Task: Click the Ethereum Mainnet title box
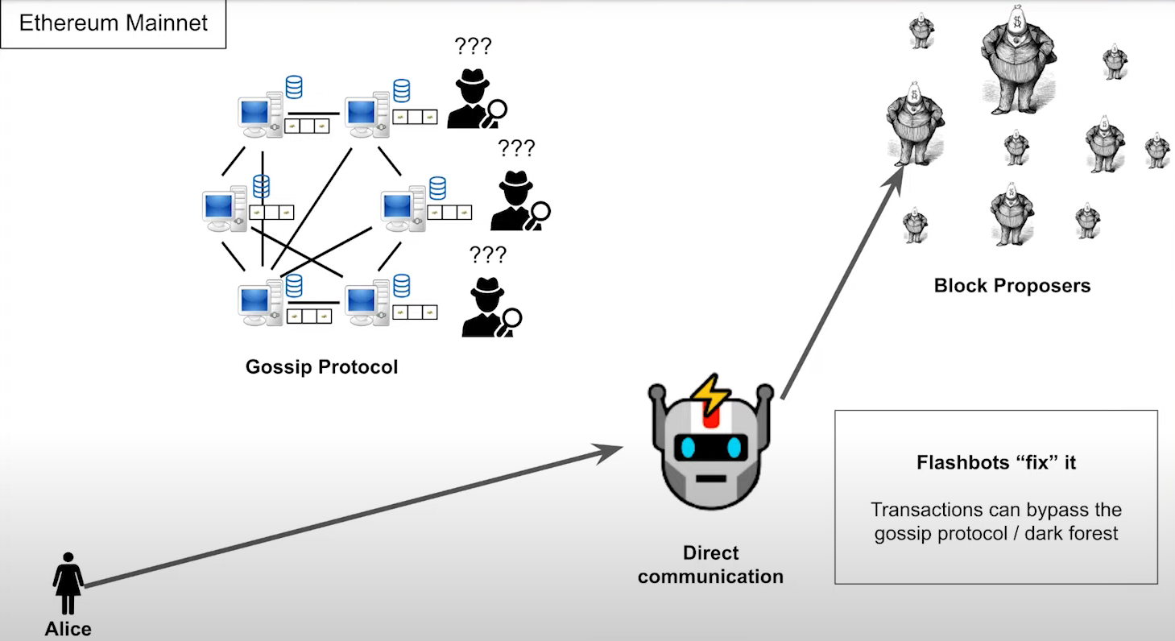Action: point(114,23)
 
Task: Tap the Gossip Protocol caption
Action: point(321,367)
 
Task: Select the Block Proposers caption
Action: point(1012,285)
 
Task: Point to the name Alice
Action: point(68,629)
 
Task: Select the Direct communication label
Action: point(710,564)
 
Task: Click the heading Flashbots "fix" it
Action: point(996,463)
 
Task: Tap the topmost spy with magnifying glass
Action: point(474,100)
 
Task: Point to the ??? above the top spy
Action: point(473,46)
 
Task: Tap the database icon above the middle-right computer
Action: point(437,188)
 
